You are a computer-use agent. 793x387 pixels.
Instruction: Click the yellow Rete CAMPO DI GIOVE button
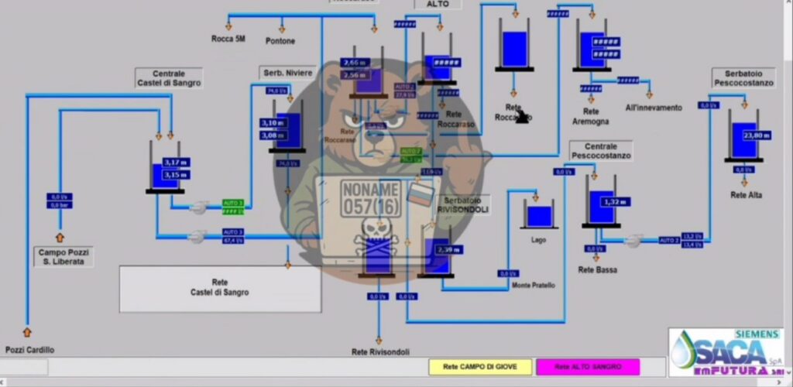[481, 366]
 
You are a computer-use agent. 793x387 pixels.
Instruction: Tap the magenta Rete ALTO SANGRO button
[588, 366]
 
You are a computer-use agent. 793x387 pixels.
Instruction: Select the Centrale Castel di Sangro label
[169, 78]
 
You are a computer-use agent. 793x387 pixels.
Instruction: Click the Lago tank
[539, 216]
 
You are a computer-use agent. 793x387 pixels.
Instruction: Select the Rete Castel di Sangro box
[220, 288]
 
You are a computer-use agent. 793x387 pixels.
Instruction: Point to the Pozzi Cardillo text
[30, 350]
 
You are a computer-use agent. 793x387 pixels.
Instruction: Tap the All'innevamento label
[654, 108]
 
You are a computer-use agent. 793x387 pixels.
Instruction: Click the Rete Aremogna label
[591, 116]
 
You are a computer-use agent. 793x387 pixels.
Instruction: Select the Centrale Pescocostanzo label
[601, 150]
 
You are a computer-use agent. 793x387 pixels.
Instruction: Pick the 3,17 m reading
[177, 163]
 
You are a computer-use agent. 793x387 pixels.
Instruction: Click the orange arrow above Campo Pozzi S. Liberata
[60, 237]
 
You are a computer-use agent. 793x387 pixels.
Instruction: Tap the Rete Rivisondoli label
[380, 351]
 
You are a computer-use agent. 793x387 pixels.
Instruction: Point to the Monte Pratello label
[534, 285]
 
